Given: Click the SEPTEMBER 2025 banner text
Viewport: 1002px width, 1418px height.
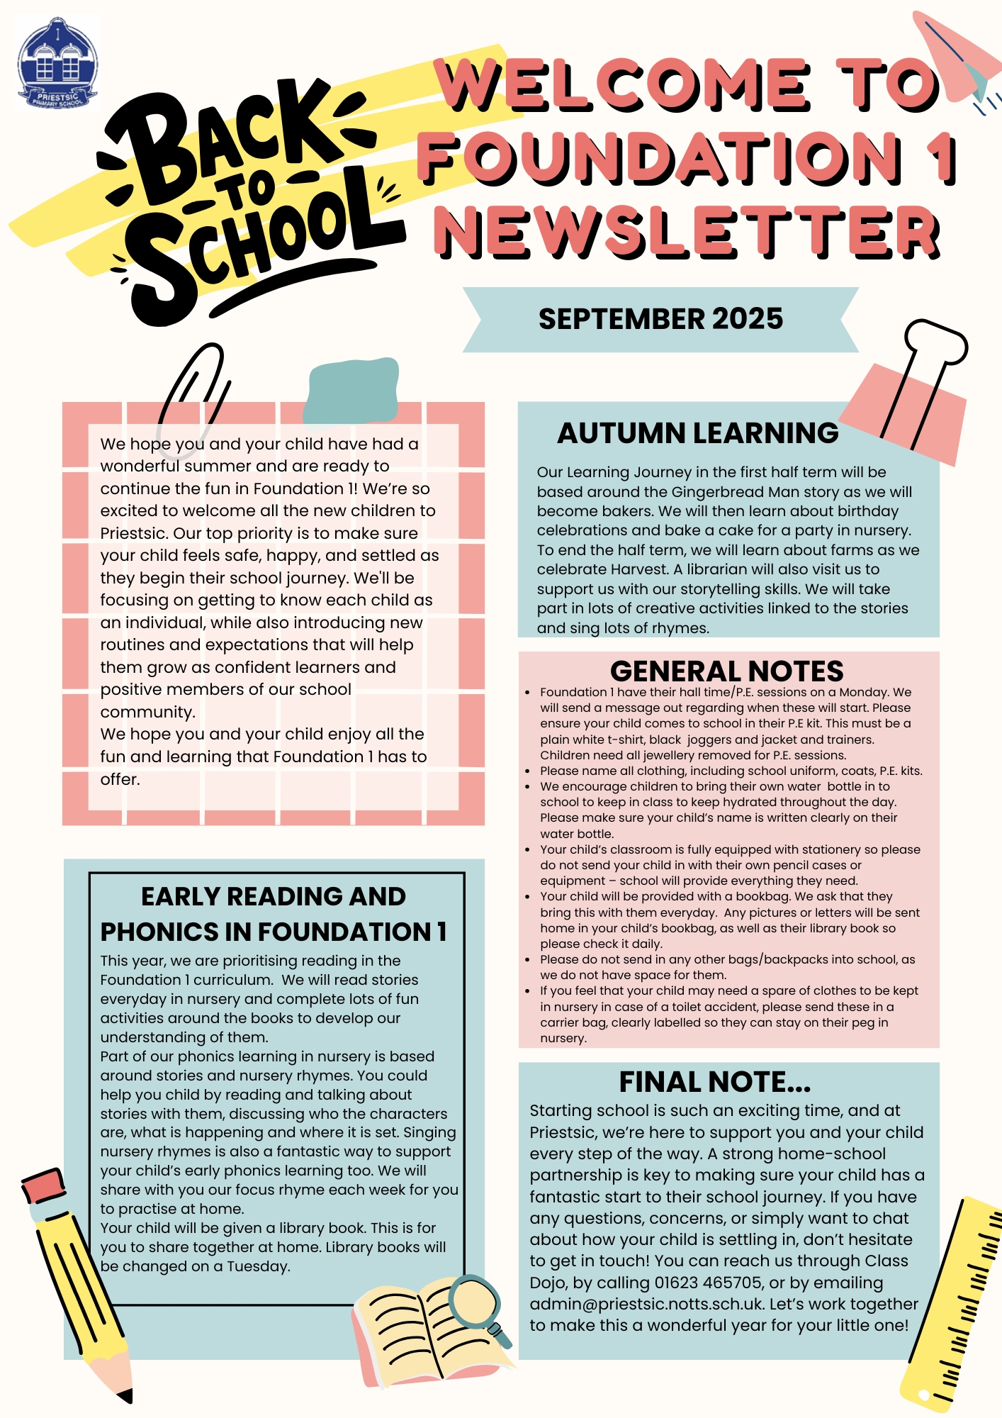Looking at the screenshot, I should coord(660,319).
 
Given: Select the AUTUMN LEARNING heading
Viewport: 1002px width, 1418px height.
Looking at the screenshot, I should coord(697,433).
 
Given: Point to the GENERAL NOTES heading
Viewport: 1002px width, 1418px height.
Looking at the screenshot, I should coord(726,671).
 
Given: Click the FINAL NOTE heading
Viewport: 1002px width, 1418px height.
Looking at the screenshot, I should coord(714,1082).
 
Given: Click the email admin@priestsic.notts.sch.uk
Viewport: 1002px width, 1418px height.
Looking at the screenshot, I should coord(646,1304).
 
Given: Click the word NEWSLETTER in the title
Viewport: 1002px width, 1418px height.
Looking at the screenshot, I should coord(686,232).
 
